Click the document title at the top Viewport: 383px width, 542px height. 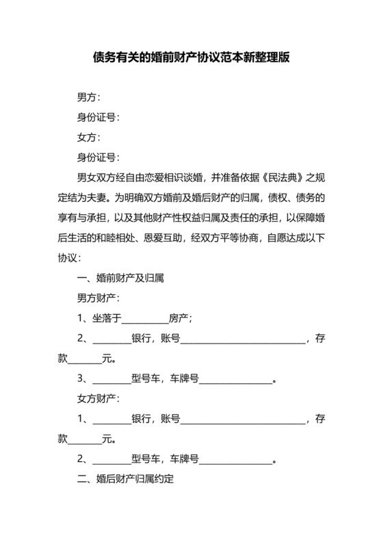point(191,58)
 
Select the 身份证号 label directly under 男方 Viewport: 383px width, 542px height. point(98,117)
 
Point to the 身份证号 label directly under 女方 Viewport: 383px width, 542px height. point(98,157)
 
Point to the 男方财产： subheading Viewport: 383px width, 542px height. point(98,298)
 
